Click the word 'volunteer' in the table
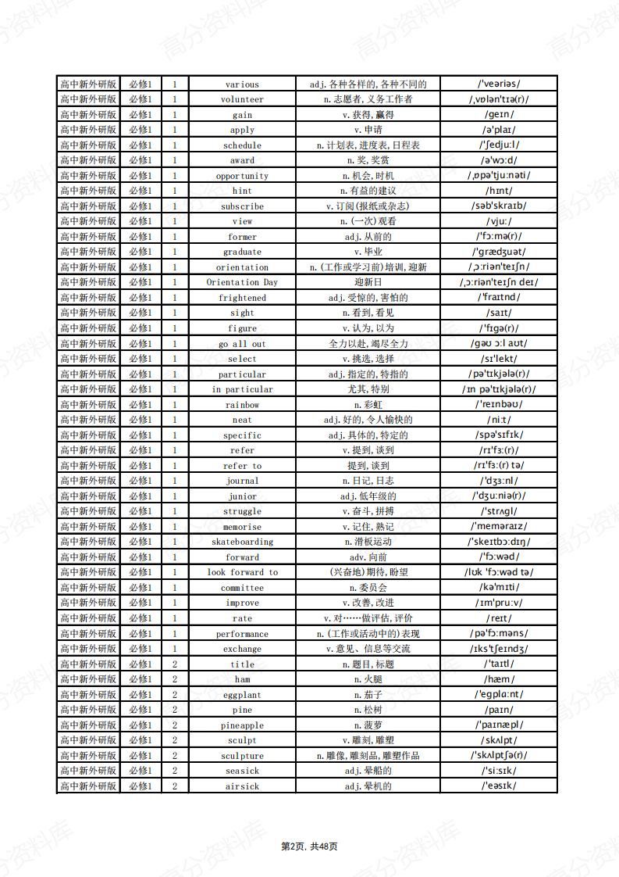pyautogui.click(x=242, y=100)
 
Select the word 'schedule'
pyautogui.click(x=242, y=145)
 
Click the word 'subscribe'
pyautogui.click(x=242, y=206)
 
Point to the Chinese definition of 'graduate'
pyautogui.click(x=368, y=252)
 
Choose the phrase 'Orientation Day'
pyautogui.click(x=242, y=282)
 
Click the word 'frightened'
pyautogui.click(x=242, y=298)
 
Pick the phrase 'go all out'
pyautogui.click(x=242, y=344)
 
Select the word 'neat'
pyautogui.click(x=242, y=420)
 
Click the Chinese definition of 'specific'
pyautogui.click(x=368, y=435)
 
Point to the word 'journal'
pyautogui.click(x=242, y=481)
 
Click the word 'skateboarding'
pyautogui.click(x=242, y=542)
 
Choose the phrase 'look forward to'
pyautogui.click(x=242, y=572)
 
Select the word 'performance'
pyautogui.click(x=242, y=634)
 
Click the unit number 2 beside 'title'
pyautogui.click(x=175, y=664)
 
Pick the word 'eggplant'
pyautogui.click(x=242, y=695)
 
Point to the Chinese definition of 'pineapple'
pyautogui.click(x=368, y=725)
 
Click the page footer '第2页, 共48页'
pyautogui.click(x=309, y=846)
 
